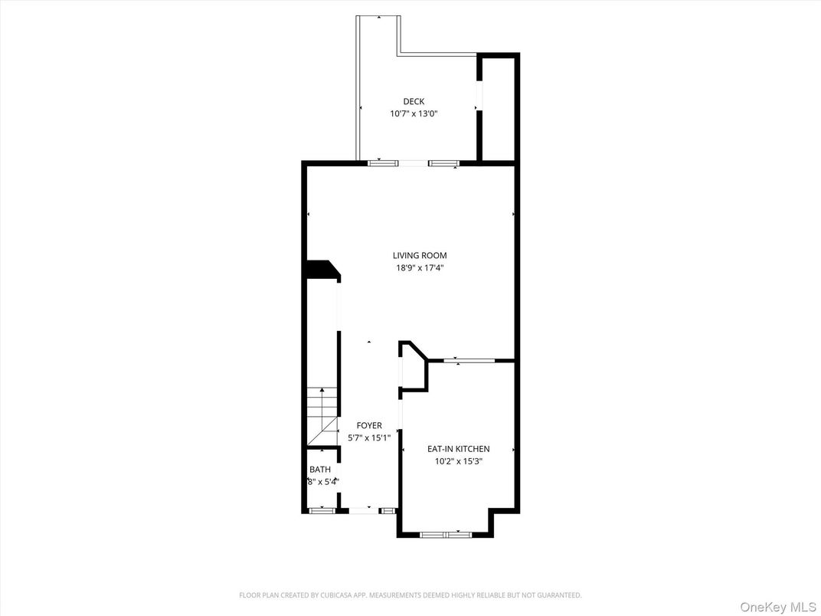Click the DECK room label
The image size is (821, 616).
pos(414,101)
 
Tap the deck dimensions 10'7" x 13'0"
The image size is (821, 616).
pos(414,113)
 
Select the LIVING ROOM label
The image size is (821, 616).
pos(420,255)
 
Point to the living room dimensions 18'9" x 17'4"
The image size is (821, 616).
pos(419,268)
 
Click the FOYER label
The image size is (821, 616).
pos(369,425)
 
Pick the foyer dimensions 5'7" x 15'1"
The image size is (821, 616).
pos(369,438)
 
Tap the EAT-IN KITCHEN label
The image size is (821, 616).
pos(458,449)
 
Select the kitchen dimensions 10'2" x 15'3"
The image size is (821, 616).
pos(458,461)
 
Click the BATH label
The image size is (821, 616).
pos(319,469)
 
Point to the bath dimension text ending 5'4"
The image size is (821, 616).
pos(322,482)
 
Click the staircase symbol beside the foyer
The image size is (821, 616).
pos(322,417)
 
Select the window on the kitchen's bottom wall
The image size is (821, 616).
pos(445,534)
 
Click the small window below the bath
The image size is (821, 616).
pos(322,510)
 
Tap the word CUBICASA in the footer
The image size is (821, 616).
pos(371,595)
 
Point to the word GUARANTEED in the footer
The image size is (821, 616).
pos(558,595)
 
